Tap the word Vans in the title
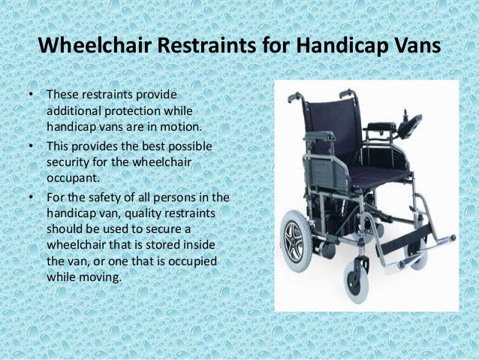411,47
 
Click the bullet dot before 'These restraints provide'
32,96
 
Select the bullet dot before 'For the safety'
32,197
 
